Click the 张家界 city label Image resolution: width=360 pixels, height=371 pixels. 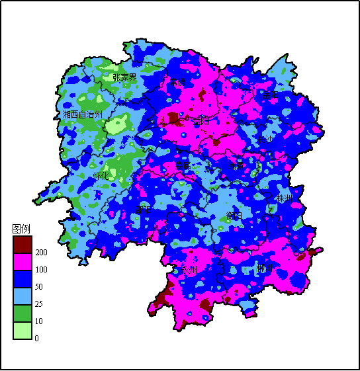click(124, 77)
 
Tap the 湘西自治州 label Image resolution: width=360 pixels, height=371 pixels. click(83, 114)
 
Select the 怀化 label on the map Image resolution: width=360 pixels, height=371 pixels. click(101, 176)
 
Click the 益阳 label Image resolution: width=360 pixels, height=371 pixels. click(201, 121)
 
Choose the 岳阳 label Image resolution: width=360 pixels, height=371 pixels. click(270, 95)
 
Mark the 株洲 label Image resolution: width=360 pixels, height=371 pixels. click(285, 198)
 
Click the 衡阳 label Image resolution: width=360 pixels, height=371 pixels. click(234, 216)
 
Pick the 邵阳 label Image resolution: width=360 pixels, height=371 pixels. click(144, 210)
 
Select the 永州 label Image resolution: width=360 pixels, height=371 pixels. click(190, 270)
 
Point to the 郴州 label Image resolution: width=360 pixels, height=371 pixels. click(265, 268)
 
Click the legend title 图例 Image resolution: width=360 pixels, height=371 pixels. click(21, 229)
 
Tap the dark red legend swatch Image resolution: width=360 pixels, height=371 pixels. click(22, 244)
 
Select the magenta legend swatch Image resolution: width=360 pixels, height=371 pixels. click(22, 261)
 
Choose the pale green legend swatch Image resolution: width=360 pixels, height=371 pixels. click(22, 330)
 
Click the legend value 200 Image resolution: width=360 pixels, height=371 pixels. click(41, 253)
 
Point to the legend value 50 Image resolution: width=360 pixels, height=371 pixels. click(39, 287)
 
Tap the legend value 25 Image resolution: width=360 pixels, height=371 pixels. click(39, 304)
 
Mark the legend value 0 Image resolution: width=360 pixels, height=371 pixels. click(37, 339)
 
